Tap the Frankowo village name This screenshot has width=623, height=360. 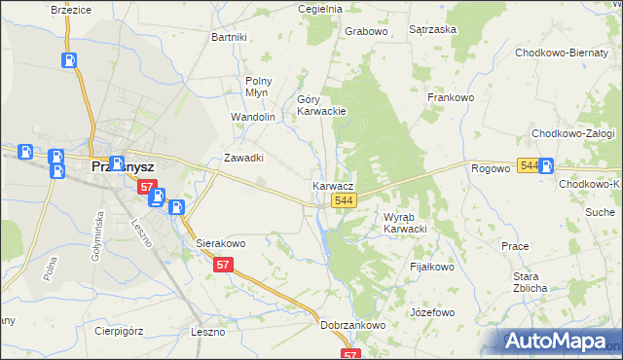point(450,97)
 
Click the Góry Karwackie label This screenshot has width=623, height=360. point(321,105)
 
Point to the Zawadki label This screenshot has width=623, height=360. point(244,158)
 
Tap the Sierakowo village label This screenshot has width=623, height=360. point(221,243)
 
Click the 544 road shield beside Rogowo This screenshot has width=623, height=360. point(529,166)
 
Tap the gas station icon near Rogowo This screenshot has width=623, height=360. point(546,166)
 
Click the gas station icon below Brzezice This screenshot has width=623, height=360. point(71,59)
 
